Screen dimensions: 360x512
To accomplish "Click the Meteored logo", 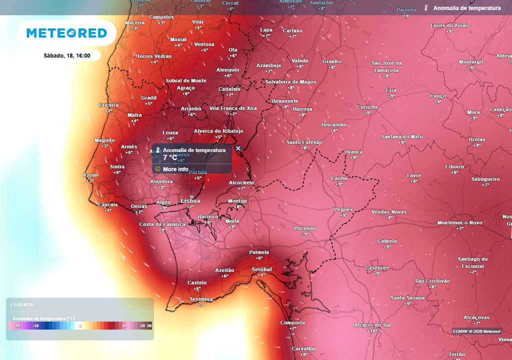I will tap(66, 33).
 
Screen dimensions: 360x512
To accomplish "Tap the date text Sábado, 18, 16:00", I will tap(67, 55).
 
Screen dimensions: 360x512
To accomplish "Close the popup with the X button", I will tap(238, 148).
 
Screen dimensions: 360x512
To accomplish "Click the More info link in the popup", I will tap(175, 169).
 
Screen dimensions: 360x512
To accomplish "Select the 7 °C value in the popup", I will tap(170, 157).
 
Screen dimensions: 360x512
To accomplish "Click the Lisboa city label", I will tap(190, 201).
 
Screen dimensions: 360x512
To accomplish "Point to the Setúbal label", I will tap(261, 269).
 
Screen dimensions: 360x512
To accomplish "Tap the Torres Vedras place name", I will tap(154, 56).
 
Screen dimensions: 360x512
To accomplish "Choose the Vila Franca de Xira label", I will tap(233, 108).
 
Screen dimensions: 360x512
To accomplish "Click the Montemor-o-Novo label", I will tap(459, 222).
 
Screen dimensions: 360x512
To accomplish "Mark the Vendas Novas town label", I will tap(389, 212).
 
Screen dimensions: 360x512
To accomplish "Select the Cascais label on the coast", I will tap(107, 204).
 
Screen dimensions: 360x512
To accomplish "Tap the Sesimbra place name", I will tap(201, 299).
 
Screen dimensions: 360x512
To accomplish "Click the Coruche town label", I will tap(367, 107).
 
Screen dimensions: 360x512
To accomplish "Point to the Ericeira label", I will tap(109, 105).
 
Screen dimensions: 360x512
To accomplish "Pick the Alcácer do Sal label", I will tap(372, 325).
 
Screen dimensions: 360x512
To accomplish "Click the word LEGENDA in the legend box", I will tap(22, 304).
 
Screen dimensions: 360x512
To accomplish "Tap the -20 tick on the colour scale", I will tap(17, 326).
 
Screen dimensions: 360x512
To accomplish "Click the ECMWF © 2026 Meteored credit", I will tap(476, 331).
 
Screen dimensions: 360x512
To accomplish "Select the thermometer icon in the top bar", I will tap(426, 8).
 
